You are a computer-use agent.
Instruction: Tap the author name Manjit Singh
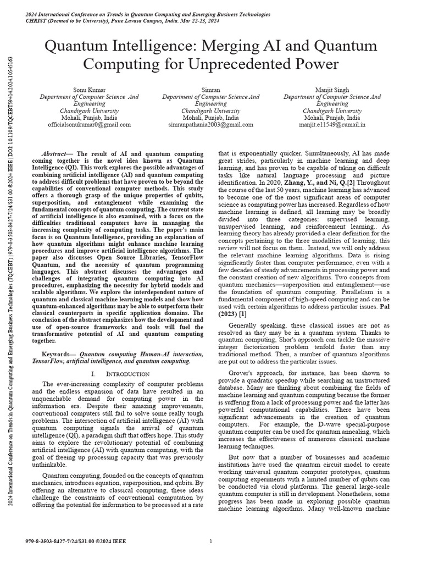[332, 89]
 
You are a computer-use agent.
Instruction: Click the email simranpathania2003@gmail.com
[211, 125]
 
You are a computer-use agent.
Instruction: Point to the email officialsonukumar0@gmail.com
[89, 125]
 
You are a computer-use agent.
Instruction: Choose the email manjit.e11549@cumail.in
[332, 125]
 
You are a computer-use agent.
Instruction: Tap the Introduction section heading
[127, 373]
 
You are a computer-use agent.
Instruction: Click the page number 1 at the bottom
[211, 542]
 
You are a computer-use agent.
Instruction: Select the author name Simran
[211, 89]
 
